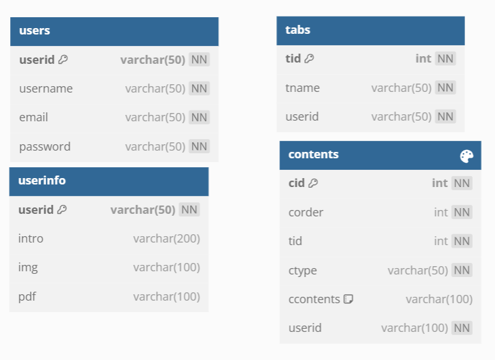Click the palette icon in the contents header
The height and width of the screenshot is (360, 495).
tap(466, 156)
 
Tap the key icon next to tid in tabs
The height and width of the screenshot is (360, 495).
tap(309, 59)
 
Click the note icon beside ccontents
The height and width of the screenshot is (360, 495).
tap(348, 299)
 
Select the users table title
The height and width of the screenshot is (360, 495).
tap(34, 31)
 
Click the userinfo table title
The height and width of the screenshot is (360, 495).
tap(42, 181)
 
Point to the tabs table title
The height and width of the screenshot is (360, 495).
tap(298, 30)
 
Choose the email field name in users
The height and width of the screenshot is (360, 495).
tap(33, 117)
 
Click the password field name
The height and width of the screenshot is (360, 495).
tap(45, 147)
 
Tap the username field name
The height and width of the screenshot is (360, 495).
tap(46, 89)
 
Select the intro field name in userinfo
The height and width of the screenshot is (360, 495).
tap(31, 239)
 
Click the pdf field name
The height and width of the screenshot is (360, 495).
tap(27, 297)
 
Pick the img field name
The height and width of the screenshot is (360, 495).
tap(28, 268)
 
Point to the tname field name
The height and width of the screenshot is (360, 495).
tap(302, 88)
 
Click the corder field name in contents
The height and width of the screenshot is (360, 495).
tap(306, 213)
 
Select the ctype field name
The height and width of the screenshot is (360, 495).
tap(302, 271)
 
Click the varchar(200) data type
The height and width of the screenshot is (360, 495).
tap(166, 239)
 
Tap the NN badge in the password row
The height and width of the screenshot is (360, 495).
tap(199, 147)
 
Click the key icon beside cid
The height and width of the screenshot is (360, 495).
tap(313, 183)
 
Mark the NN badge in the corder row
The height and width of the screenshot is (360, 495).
tap(462, 212)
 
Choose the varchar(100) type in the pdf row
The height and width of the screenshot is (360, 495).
tap(166, 297)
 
